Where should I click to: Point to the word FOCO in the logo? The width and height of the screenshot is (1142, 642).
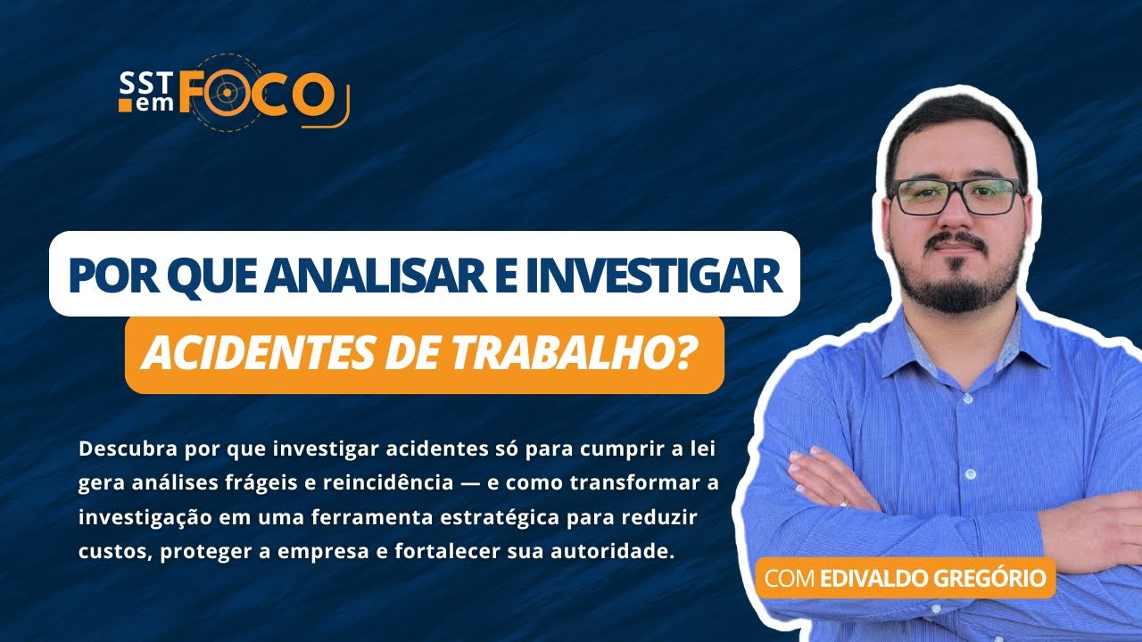point(257,94)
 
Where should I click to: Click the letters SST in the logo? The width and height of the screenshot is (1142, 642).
point(140,84)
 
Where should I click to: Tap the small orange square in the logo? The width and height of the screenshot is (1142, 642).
point(124,105)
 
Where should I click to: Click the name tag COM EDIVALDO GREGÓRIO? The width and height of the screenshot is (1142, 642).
point(905,578)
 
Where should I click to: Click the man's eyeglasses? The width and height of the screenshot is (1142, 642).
point(957,195)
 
